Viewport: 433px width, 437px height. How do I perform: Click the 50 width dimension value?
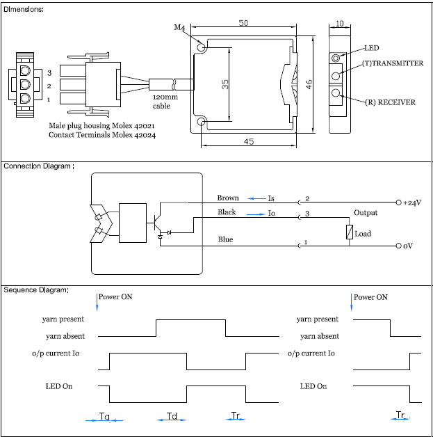[243, 23]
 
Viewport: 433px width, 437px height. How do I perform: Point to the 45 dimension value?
[249, 141]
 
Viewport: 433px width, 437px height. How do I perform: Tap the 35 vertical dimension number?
[225, 84]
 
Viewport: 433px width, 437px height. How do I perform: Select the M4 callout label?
[179, 27]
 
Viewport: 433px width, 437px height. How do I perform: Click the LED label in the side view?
[372, 48]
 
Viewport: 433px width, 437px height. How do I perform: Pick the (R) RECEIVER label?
[391, 102]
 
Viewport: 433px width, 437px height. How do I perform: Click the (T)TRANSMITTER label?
[393, 63]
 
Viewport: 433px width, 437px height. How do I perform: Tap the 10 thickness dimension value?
[340, 24]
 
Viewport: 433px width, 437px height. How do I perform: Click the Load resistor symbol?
[350, 232]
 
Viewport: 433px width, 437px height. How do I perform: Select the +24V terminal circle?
[399, 202]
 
